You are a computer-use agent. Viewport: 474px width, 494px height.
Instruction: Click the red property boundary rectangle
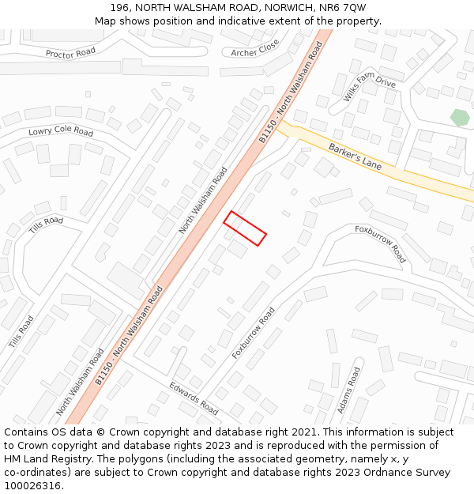pyautogui.click(x=245, y=228)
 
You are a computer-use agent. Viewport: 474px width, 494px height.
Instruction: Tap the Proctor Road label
pyautogui.click(x=70, y=53)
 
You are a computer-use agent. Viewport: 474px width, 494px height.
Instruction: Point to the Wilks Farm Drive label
pyautogui.click(x=369, y=85)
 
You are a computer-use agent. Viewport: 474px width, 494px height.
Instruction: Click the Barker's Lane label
pyautogui.click(x=355, y=155)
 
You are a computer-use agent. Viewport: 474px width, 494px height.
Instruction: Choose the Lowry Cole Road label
pyautogui.click(x=61, y=131)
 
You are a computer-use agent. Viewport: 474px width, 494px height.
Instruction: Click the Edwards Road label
pyautogui.click(x=193, y=398)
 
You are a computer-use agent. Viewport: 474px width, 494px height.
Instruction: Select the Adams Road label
pyautogui.click(x=348, y=390)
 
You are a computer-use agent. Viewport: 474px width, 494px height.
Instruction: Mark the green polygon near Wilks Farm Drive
pyautogui.click(x=460, y=118)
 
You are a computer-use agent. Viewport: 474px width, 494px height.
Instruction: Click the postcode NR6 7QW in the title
pyautogui.click(x=344, y=8)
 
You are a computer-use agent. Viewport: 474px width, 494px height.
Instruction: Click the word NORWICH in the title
pyautogui.click(x=284, y=8)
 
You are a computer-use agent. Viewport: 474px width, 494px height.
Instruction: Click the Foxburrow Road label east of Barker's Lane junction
pyautogui.click(x=380, y=243)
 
